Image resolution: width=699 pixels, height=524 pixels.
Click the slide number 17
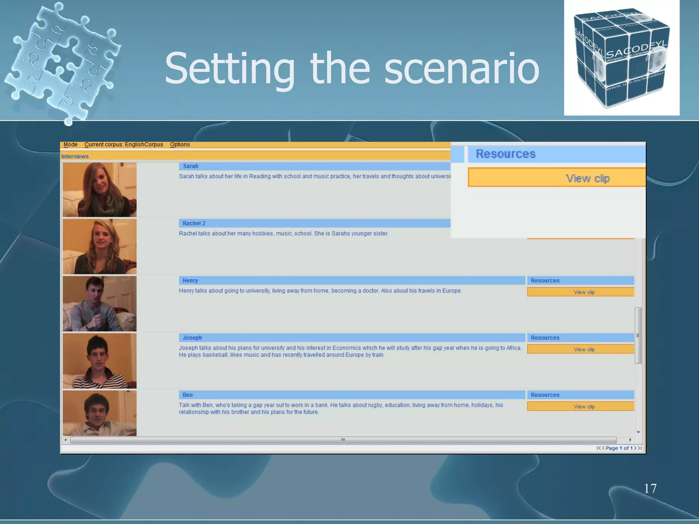pyautogui.click(x=650, y=489)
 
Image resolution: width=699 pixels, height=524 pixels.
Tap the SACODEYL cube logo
pyautogui.click(x=621, y=58)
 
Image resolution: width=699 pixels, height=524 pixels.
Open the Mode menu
pyautogui.click(x=70, y=145)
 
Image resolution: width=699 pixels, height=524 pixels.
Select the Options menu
pyautogui.click(x=180, y=145)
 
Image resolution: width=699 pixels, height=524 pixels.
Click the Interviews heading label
pyautogui.click(x=75, y=157)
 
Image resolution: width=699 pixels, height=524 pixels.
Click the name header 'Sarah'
pyautogui.click(x=190, y=166)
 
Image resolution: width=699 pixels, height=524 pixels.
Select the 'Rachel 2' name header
pyautogui.click(x=194, y=223)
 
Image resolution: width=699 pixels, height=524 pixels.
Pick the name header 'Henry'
pyautogui.click(x=190, y=280)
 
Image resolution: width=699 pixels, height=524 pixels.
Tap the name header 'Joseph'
pyautogui.click(x=192, y=338)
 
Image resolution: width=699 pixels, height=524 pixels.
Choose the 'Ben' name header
pyautogui.click(x=187, y=395)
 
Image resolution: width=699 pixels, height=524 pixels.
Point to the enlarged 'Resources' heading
pyautogui.click(x=505, y=154)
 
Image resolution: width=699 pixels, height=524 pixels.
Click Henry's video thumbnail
pyautogui.click(x=100, y=303)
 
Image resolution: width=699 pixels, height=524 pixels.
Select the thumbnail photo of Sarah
pyautogui.click(x=100, y=189)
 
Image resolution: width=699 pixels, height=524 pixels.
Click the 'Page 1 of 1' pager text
pyautogui.click(x=619, y=448)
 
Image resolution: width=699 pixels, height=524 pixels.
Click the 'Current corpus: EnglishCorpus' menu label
pyautogui.click(x=124, y=145)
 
